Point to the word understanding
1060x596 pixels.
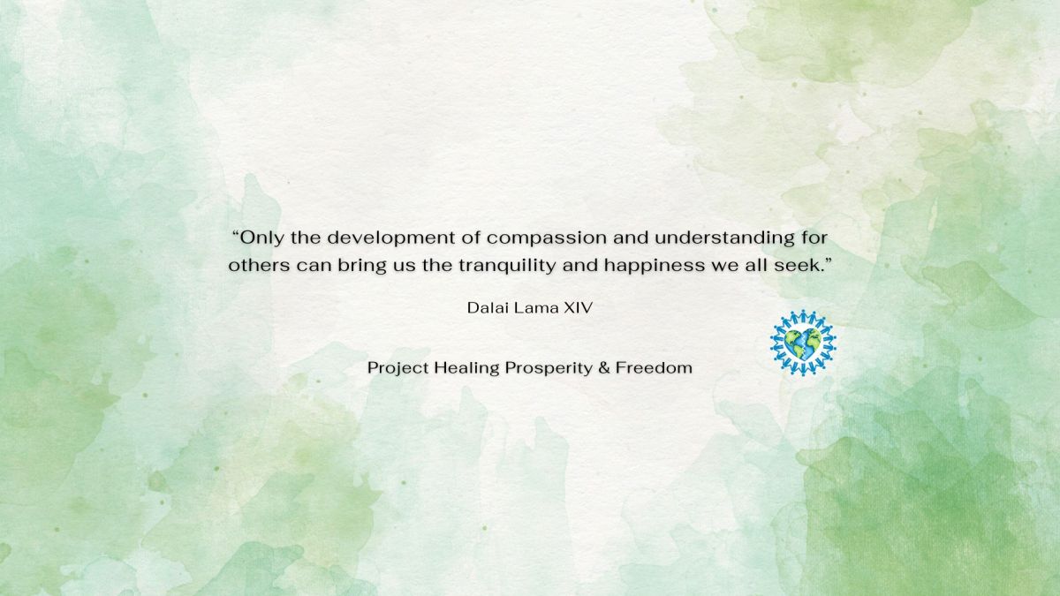click(x=724, y=238)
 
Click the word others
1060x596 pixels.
click(x=259, y=266)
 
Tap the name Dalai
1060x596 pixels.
click(x=487, y=308)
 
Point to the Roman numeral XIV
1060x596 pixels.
click(x=579, y=308)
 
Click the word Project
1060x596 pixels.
click(x=397, y=368)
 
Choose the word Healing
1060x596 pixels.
click(x=466, y=368)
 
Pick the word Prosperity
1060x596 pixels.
click(x=549, y=368)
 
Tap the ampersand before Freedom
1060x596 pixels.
click(x=604, y=367)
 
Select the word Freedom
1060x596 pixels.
click(x=654, y=367)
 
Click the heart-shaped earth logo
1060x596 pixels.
click(x=803, y=343)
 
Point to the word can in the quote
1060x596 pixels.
click(x=314, y=267)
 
